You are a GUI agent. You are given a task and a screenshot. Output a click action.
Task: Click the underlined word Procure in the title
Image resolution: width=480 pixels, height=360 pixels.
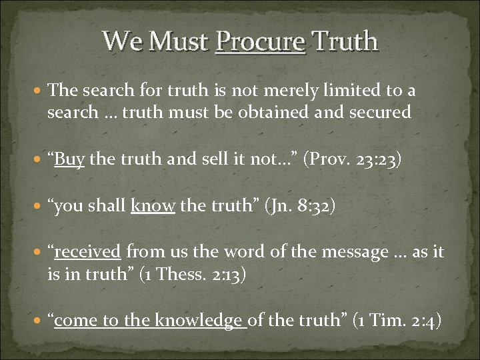click(x=261, y=41)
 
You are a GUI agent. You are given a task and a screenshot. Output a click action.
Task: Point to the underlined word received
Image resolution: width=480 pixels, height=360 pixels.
click(x=87, y=252)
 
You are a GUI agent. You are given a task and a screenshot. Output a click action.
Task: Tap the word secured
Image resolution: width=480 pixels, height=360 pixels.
click(x=377, y=113)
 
